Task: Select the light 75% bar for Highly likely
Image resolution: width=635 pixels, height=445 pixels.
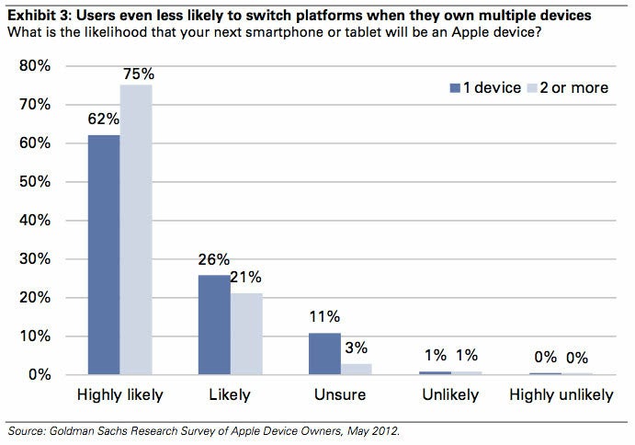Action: tap(137, 230)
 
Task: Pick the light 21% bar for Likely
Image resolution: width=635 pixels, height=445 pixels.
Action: tap(247, 334)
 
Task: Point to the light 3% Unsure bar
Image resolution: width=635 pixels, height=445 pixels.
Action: tap(357, 369)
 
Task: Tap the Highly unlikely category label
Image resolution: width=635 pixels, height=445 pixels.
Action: tap(561, 395)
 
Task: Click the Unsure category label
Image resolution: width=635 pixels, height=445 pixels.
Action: tap(340, 395)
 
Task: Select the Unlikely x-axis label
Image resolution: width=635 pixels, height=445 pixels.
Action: tap(450, 395)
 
